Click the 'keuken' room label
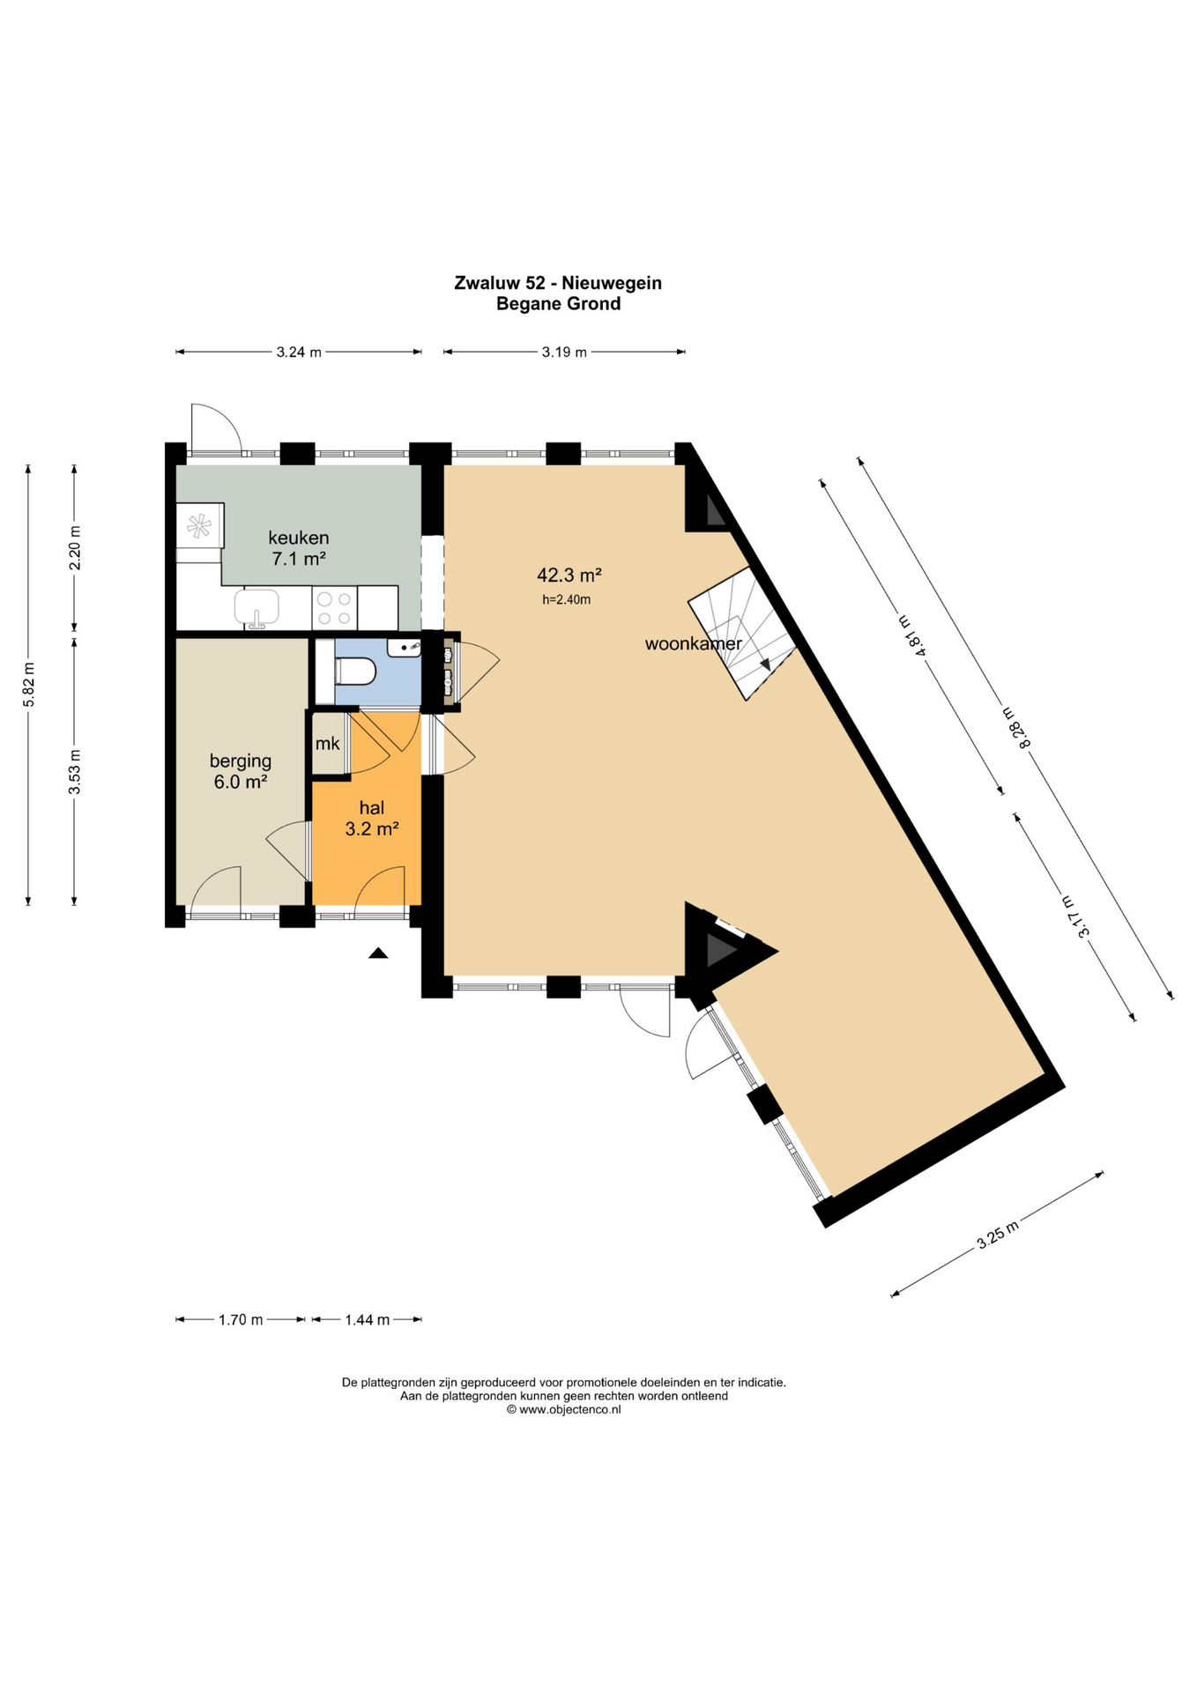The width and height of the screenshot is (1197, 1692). [299, 538]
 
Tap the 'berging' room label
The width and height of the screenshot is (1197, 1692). [241, 761]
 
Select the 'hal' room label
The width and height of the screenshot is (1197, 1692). [372, 807]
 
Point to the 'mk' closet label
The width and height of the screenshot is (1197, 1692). [328, 744]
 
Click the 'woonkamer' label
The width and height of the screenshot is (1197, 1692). [694, 643]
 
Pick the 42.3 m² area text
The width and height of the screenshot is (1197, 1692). [569, 575]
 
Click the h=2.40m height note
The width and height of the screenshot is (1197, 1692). [567, 600]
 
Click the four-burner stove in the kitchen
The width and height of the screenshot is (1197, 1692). [335, 608]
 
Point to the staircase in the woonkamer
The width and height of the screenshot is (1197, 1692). [743, 634]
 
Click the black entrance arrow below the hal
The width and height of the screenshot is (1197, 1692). [378, 952]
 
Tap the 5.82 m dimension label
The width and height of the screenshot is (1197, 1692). [29, 684]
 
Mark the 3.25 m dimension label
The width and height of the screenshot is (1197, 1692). [998, 1235]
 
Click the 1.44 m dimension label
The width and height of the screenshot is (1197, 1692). [368, 1319]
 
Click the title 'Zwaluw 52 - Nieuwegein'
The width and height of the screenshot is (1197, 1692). [558, 283]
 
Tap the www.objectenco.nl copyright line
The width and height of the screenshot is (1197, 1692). [564, 1409]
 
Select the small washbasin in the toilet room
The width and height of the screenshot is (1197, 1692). [405, 648]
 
